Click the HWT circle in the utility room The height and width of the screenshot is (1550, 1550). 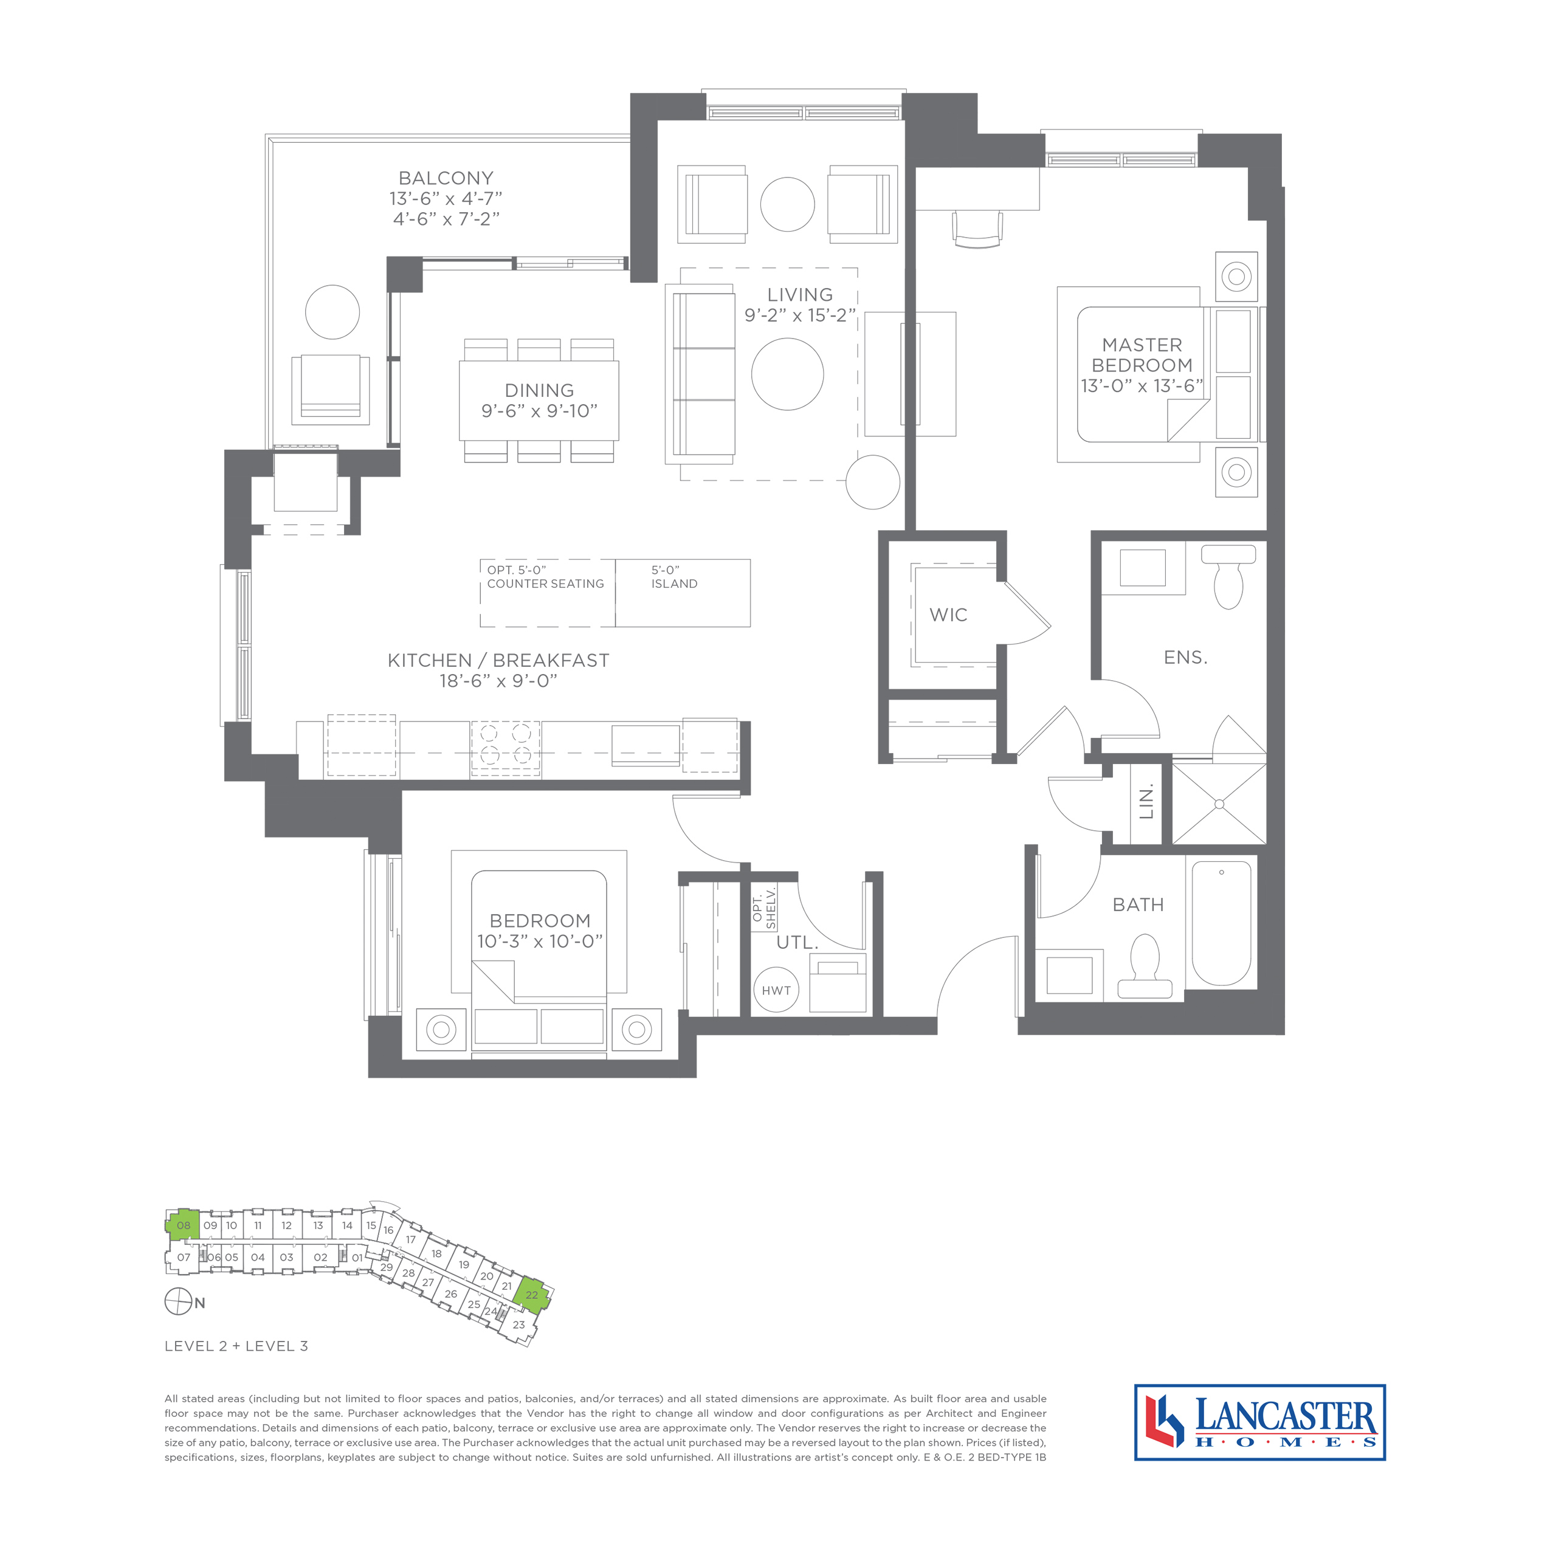click(776, 990)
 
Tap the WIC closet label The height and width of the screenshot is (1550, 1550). click(948, 615)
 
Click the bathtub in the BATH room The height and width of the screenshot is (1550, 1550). click(1221, 923)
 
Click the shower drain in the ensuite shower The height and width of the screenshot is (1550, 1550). click(1219, 803)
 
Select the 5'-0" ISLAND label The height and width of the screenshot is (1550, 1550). click(674, 577)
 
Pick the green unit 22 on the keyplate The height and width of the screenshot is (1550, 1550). click(532, 1295)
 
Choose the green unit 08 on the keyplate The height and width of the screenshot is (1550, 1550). click(184, 1225)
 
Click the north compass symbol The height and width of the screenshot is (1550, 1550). click(177, 1301)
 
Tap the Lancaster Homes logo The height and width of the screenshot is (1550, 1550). click(1259, 1432)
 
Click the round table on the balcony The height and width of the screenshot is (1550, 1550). click(332, 311)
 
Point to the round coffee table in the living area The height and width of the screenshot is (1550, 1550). click(787, 374)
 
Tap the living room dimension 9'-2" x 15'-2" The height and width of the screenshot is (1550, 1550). click(800, 315)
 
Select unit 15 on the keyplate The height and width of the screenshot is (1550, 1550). click(371, 1225)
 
